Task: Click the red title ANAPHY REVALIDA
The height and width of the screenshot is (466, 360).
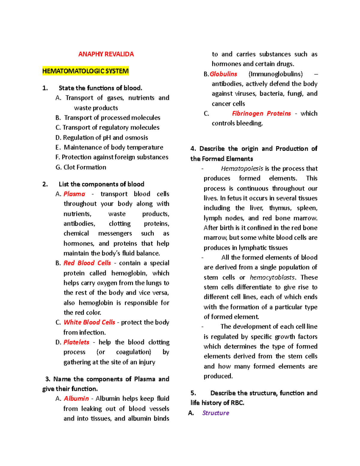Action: click(106, 54)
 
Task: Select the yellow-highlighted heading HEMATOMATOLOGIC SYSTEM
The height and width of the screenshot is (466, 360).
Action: click(85, 71)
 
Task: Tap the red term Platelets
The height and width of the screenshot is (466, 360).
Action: click(76, 342)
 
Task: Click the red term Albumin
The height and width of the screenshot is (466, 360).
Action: click(76, 398)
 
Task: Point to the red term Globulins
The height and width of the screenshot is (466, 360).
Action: click(223, 74)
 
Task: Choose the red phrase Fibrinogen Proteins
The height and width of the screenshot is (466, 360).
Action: click(261, 113)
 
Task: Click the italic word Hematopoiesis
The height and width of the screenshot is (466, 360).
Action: click(242, 169)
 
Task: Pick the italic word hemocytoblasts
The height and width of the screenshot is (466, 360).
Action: click(272, 277)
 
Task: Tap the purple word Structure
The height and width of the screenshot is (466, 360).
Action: click(215, 413)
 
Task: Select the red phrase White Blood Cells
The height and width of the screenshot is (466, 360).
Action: click(89, 322)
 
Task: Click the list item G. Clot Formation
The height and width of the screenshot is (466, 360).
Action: click(81, 167)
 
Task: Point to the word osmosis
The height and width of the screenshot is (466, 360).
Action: click(136, 138)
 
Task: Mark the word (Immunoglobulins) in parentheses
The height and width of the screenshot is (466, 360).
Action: click(275, 74)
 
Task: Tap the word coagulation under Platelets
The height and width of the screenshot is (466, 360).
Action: click(133, 352)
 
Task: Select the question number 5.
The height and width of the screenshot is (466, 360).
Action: click(193, 393)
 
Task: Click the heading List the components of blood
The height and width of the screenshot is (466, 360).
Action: click(101, 184)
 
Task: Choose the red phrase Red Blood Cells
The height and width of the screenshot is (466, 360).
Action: click(87, 263)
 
